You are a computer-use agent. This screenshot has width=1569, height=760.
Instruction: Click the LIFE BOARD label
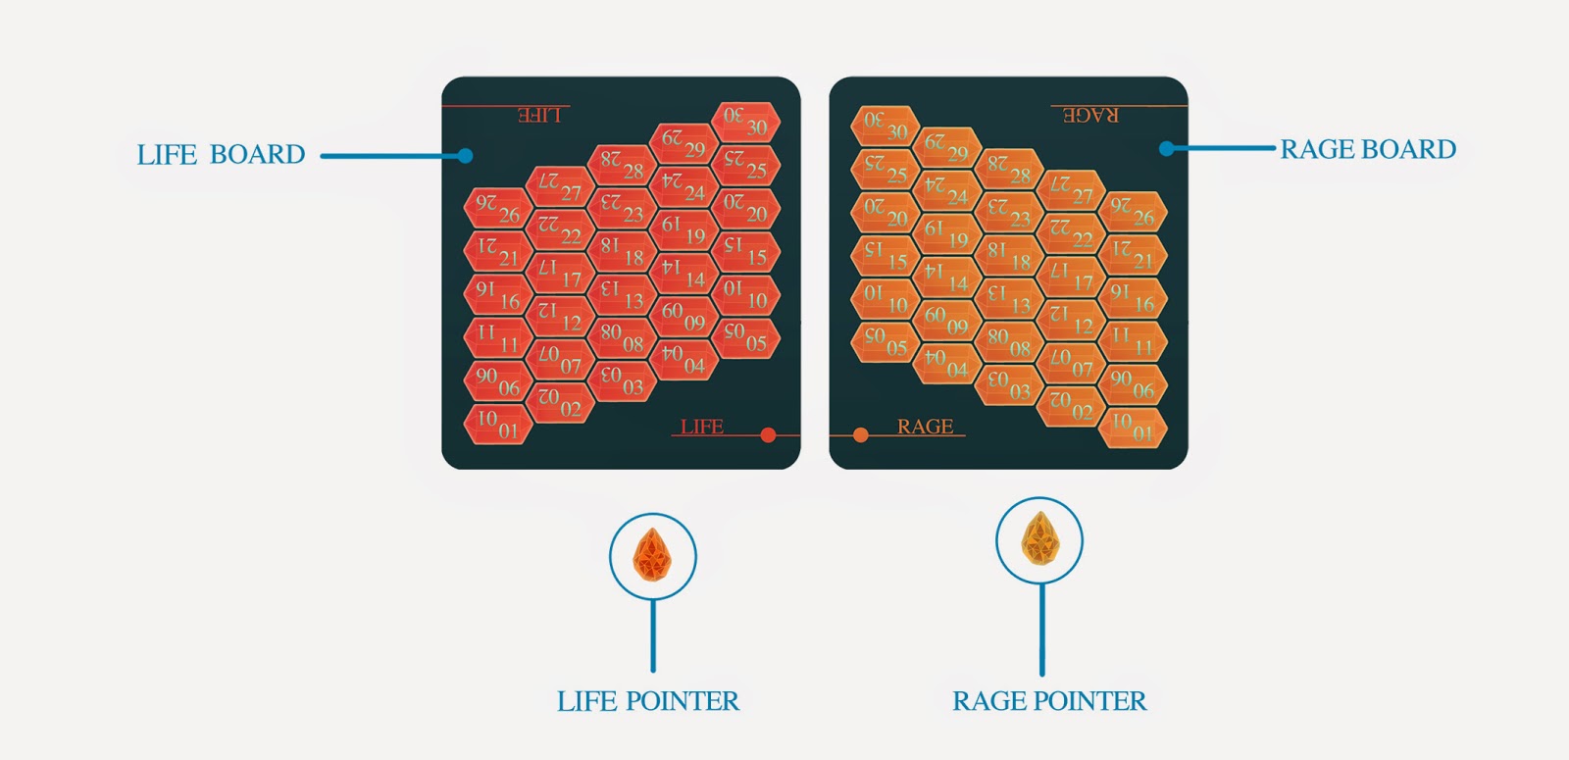pos(221,155)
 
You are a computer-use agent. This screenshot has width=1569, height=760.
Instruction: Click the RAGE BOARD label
pos(1368,149)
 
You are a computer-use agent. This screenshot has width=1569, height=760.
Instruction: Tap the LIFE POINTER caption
pos(648,701)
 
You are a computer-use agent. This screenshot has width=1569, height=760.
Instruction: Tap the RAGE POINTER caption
pos(1049,701)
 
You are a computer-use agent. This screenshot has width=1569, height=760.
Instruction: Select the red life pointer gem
pos(652,555)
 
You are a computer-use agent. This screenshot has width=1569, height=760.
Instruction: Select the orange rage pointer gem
pos(1038,540)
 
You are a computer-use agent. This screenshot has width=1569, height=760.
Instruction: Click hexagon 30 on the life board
pos(745,122)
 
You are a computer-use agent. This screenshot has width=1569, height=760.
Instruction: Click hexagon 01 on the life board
pos(497,425)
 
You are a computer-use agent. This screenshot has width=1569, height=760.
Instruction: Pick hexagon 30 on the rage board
pos(885,126)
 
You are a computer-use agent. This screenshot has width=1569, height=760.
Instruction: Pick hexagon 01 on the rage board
pos(1133,427)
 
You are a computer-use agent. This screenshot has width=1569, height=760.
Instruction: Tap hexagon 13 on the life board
pos(622,294)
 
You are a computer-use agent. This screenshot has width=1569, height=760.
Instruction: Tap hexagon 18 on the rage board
pos(1008,256)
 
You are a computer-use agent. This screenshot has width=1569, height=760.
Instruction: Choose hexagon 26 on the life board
pos(497,208)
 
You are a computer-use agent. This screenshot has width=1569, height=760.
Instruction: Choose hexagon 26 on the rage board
pos(1133,212)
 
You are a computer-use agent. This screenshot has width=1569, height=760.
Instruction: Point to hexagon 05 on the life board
pos(745,337)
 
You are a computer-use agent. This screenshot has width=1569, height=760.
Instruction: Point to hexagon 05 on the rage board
pos(885,341)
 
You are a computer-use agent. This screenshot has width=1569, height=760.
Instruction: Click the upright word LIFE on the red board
pos(702,427)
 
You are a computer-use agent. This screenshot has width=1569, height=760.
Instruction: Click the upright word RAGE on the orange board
pos(925,427)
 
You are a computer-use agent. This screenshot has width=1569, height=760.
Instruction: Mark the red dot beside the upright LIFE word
pos(768,435)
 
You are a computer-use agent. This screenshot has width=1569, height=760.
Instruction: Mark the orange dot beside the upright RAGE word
pos(860,435)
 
